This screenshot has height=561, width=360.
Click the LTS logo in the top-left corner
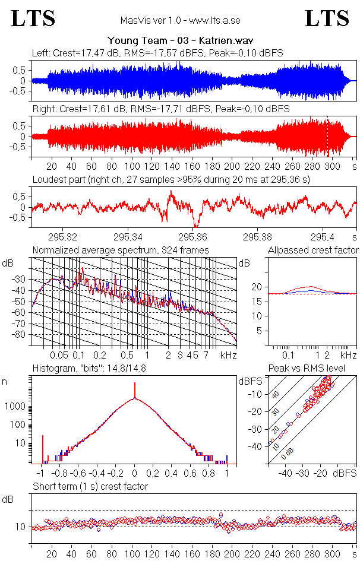(x=33, y=18)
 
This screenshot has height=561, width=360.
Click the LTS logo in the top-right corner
(x=327, y=18)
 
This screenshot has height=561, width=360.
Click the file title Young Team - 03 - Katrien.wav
(x=180, y=41)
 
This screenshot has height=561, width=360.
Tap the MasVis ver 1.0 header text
(x=180, y=20)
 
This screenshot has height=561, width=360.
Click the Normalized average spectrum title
(x=121, y=249)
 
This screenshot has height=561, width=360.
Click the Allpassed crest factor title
(x=313, y=250)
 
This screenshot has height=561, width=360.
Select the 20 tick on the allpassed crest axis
(x=256, y=287)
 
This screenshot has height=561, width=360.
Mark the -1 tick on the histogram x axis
(x=41, y=474)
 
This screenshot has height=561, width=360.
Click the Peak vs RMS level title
(x=314, y=369)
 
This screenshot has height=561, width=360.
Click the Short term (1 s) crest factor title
(x=90, y=486)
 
